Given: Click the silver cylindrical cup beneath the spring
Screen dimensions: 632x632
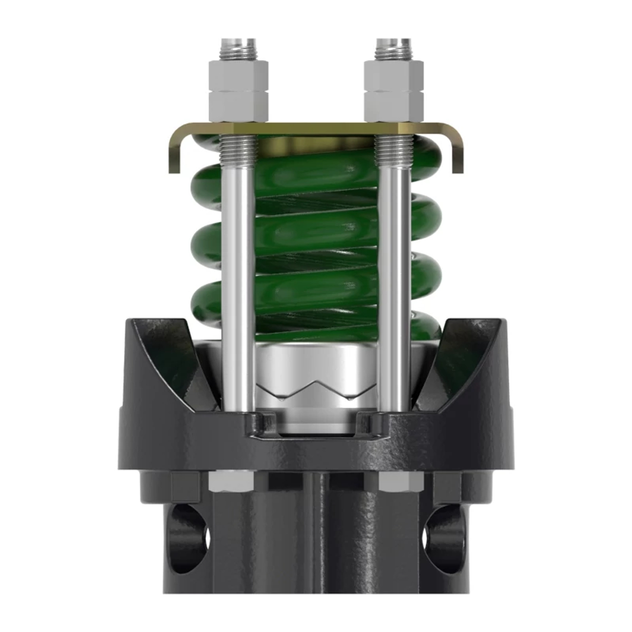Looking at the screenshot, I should click(316, 363).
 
